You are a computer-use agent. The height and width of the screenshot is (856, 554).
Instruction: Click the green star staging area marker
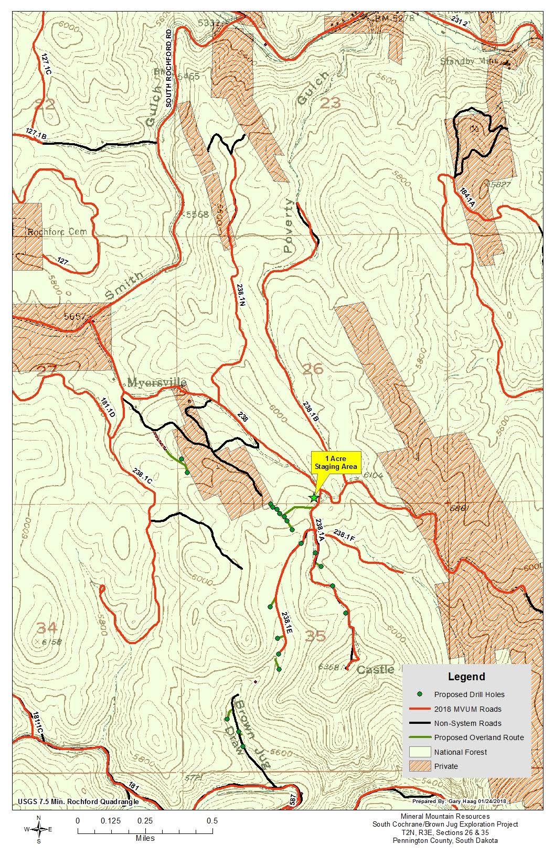pyautogui.click(x=314, y=497)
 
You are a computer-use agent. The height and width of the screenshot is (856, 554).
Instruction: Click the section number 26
pyautogui.click(x=313, y=369)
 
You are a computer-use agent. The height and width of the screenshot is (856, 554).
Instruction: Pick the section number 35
pyautogui.click(x=315, y=636)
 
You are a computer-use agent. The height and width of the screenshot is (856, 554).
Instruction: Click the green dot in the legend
pyautogui.click(x=420, y=694)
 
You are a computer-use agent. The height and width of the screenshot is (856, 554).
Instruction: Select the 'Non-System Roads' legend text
pyautogui.click(x=467, y=723)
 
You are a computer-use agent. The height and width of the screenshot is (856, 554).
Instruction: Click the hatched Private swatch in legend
pyautogui.click(x=420, y=766)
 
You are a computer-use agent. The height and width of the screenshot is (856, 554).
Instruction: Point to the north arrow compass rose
pyautogui.click(x=39, y=829)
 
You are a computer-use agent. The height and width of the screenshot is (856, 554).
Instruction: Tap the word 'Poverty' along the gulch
pyautogui.click(x=289, y=226)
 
